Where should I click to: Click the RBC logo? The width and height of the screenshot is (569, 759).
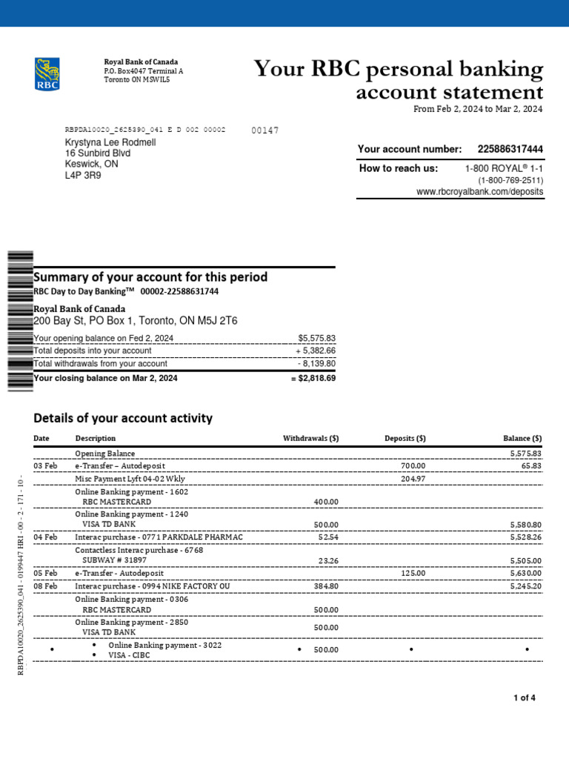tap(47, 74)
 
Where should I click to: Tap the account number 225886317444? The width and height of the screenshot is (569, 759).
tap(510, 150)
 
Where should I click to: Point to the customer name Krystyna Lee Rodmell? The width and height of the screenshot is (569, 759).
tap(110, 142)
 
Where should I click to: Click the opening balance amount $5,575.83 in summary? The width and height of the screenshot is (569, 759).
tap(316, 338)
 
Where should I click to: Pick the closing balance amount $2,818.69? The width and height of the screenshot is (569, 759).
tap(313, 378)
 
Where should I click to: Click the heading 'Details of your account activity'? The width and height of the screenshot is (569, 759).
tap(123, 418)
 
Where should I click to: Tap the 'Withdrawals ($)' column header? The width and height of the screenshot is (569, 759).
tap(310, 438)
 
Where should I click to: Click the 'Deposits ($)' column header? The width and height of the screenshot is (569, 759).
tap(405, 438)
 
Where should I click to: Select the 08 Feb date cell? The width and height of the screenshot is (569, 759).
tap(45, 586)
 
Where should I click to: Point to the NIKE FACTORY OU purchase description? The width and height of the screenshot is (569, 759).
tap(159, 586)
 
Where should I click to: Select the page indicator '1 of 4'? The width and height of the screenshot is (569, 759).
tap(525, 698)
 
